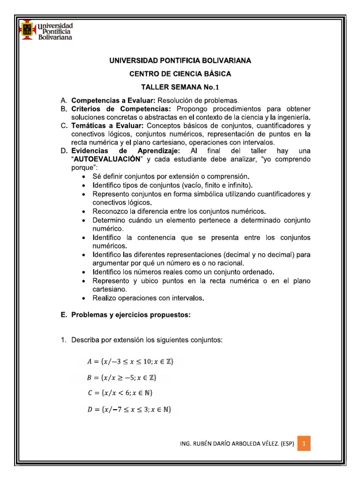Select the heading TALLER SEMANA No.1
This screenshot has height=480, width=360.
tap(180, 87)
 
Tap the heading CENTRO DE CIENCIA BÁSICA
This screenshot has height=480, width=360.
tap(180, 74)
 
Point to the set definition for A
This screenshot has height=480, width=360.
tap(130, 362)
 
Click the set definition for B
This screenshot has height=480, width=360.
tap(123, 377)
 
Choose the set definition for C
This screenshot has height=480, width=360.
tap(120, 393)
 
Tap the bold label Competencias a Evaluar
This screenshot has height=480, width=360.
tap(113, 100)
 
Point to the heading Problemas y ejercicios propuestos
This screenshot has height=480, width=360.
tap(131, 315)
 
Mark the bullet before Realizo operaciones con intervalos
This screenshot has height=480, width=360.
tap(83, 298)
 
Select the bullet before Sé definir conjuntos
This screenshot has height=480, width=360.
tap(83, 176)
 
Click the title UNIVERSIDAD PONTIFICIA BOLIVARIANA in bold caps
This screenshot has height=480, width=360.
tap(180, 61)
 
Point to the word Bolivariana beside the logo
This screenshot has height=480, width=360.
tap(55, 37)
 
